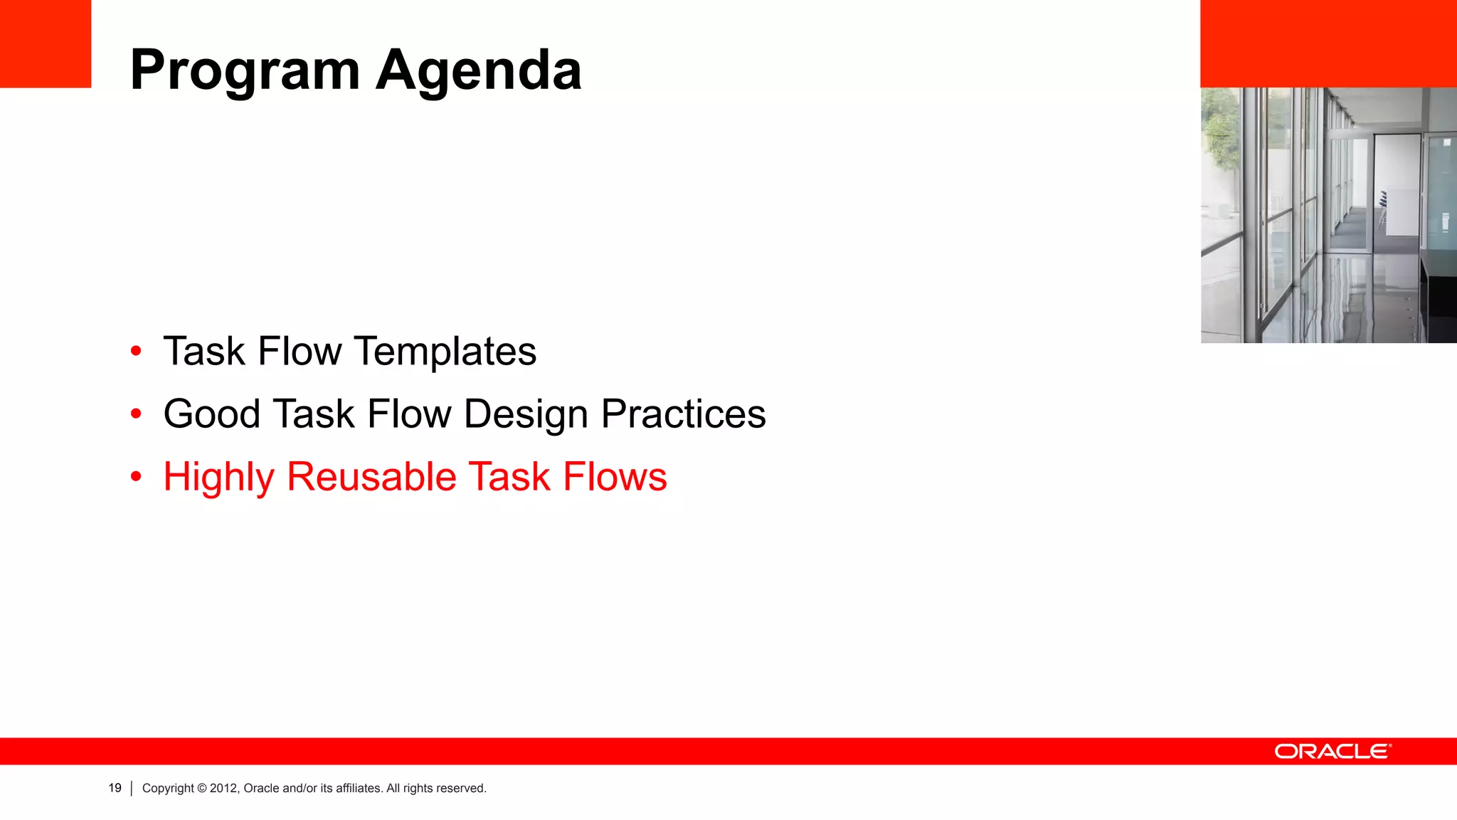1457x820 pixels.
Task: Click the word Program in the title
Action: (x=245, y=71)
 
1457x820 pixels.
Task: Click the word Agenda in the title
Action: (x=479, y=71)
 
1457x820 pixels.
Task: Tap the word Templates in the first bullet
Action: (x=445, y=352)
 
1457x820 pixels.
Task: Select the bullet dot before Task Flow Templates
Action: (x=136, y=351)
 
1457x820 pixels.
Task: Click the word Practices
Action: (x=683, y=414)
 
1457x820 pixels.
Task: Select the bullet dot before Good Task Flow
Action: (x=136, y=414)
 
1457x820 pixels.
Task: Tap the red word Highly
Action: (x=218, y=477)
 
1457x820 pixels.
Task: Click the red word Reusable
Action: (x=371, y=477)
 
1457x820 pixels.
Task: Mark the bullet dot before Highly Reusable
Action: (x=136, y=476)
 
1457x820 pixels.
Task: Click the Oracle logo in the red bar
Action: (x=1333, y=752)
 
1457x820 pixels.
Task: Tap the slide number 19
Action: (x=115, y=788)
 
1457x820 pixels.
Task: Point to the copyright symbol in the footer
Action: (x=202, y=788)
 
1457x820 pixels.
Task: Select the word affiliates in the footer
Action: (x=359, y=788)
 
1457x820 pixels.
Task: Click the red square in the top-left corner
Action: (x=46, y=43)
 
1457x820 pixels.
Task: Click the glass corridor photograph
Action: (x=1328, y=215)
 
